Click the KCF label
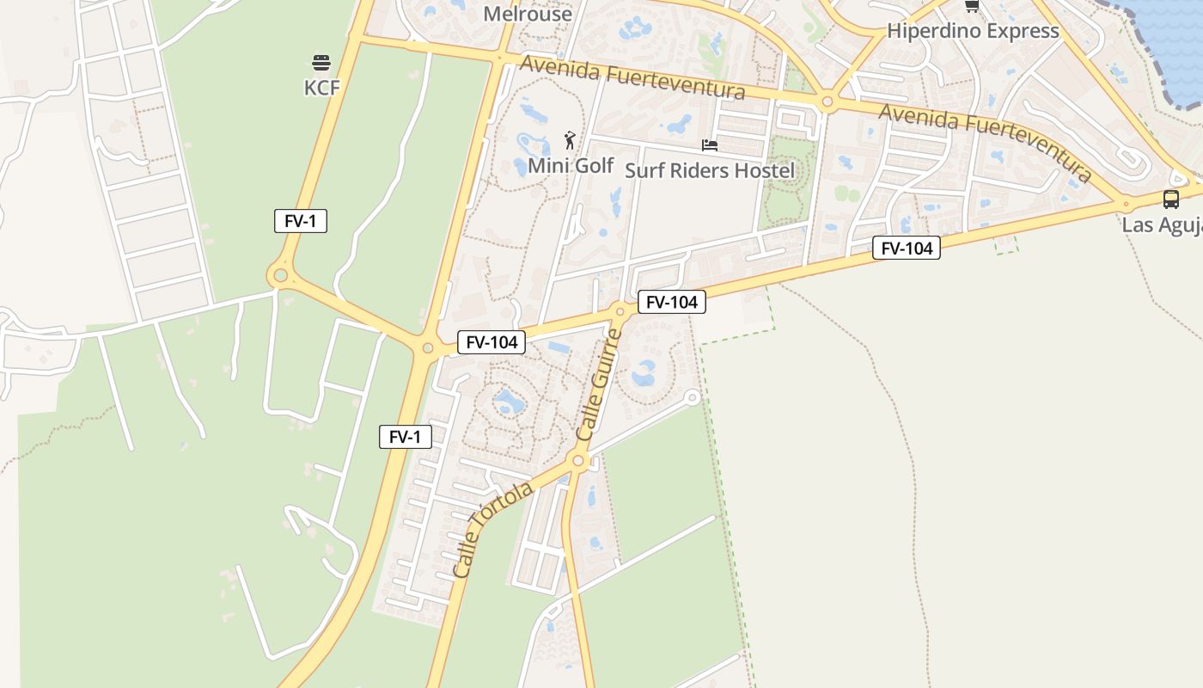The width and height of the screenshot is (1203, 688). coord(321,88)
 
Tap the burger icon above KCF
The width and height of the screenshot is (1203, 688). coord(321,63)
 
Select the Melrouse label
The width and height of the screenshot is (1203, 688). coord(528,14)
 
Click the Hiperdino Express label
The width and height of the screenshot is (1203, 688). coord(973,31)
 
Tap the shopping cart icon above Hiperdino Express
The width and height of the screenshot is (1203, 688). coord(972,6)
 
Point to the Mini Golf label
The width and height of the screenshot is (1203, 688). coord(571,165)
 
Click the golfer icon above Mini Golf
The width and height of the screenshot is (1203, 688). coord(570,140)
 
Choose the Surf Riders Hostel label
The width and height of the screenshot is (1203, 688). coord(710,170)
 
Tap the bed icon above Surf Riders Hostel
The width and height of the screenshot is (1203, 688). coord(710,145)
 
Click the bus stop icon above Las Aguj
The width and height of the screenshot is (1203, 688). coord(1170,200)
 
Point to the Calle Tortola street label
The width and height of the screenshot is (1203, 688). coord(492,529)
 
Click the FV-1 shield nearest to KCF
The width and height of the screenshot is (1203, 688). coord(301,221)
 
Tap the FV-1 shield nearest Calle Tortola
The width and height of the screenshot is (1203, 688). coord(406,437)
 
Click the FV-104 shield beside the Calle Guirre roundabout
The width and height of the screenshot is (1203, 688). coord(672,302)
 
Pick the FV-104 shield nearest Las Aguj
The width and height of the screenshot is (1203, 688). coord(907,249)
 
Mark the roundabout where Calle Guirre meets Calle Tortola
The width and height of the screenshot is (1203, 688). coord(578,462)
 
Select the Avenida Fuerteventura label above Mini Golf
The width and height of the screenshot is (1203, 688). coord(632,78)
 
